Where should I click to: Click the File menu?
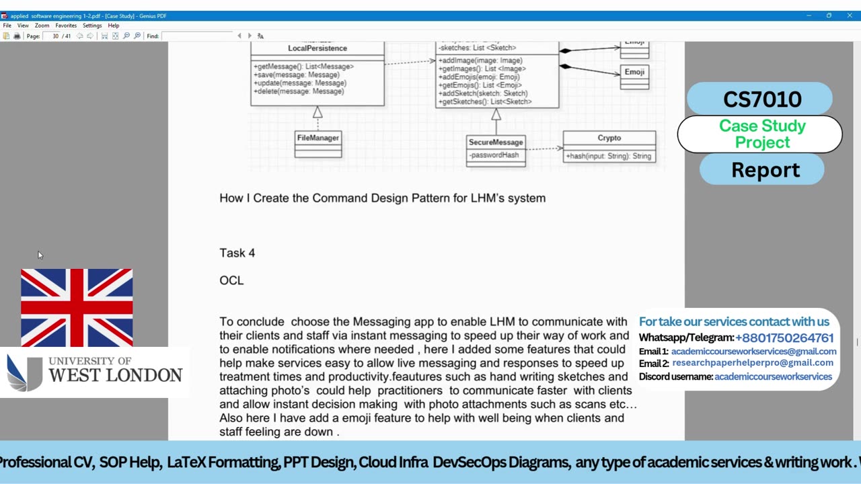point(7,26)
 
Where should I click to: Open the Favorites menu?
point(66,26)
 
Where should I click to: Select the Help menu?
point(114,26)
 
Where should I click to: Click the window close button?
point(850,15)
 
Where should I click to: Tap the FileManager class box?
point(317,143)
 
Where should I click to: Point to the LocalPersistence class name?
point(317,48)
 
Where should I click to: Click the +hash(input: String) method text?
point(608,156)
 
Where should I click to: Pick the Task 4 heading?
point(237,253)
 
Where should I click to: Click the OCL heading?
point(231,280)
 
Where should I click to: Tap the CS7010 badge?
point(761,99)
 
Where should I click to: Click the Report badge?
point(765,170)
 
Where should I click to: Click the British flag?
point(77,307)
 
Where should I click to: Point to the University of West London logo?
point(94,372)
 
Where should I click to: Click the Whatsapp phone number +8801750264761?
point(784,337)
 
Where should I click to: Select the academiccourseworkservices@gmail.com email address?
point(753,352)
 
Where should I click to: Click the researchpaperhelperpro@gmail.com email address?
point(752,363)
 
